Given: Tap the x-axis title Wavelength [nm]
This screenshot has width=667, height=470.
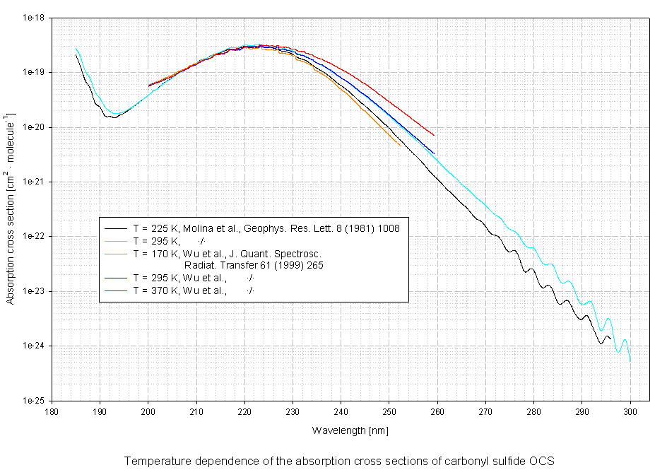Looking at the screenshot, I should [350, 430].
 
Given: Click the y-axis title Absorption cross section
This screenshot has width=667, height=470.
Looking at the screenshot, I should [11, 208].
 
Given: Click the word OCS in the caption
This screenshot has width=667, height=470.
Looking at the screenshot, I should [543, 460].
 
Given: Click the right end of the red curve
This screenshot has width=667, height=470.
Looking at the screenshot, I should [434, 135].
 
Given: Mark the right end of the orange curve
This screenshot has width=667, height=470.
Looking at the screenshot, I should [401, 146].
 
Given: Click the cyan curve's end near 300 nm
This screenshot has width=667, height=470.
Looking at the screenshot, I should [630, 360].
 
